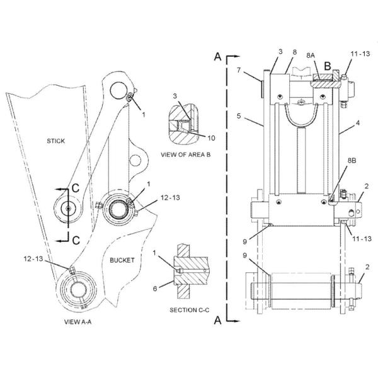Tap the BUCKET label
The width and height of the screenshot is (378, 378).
(121, 260)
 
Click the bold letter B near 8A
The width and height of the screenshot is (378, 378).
(328, 65)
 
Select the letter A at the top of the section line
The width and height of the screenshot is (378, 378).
(217, 57)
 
